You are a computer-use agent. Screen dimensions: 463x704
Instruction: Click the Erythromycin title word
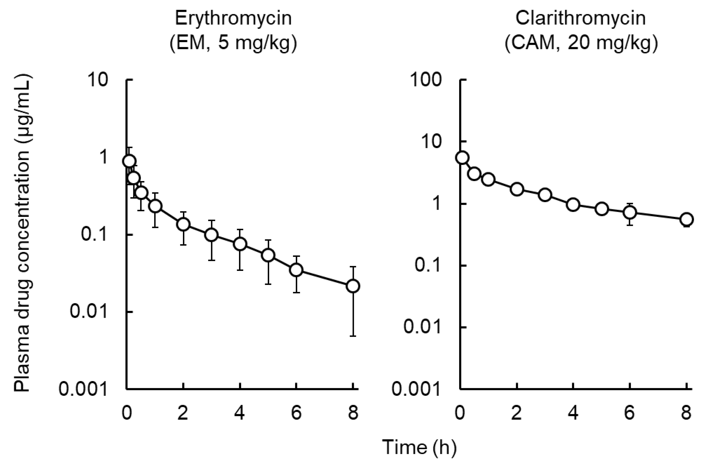click(x=233, y=18)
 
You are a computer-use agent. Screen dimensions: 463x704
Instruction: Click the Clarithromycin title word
click(x=580, y=18)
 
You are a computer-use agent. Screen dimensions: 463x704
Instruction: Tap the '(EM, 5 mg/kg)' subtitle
click(x=233, y=44)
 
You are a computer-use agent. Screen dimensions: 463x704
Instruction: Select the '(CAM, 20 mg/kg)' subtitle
click(x=581, y=44)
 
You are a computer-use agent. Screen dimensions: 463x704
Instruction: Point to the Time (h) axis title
click(x=419, y=447)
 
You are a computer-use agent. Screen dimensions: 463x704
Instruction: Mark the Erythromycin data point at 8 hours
click(x=353, y=286)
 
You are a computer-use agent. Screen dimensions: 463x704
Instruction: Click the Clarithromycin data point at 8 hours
click(x=687, y=219)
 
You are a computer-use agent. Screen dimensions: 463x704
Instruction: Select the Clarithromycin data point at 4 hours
click(x=573, y=204)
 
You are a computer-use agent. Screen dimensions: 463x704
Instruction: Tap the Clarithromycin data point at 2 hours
click(x=517, y=189)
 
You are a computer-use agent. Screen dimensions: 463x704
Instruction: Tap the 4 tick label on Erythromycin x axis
click(x=240, y=413)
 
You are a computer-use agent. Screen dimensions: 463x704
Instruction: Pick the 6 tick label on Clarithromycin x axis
click(x=630, y=413)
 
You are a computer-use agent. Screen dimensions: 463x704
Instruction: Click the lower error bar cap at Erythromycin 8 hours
click(x=353, y=336)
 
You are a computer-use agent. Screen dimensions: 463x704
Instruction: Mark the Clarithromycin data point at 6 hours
click(x=630, y=212)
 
